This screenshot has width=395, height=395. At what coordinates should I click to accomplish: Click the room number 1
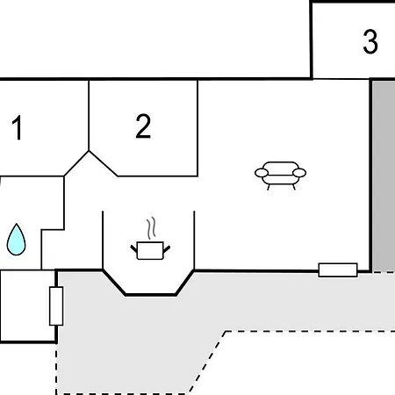[x=18, y=127]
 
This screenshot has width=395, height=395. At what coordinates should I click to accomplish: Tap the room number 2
[x=143, y=126]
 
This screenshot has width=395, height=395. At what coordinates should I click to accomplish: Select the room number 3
[x=370, y=41]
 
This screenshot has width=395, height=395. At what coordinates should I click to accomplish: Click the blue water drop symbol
[x=17, y=240]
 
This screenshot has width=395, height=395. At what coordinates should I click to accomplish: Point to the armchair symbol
[x=280, y=176]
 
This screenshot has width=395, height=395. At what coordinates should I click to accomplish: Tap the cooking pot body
[x=150, y=251]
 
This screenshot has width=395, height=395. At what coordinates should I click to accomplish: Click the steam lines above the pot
[x=151, y=228]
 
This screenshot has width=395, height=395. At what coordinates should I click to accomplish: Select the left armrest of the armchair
[x=262, y=173]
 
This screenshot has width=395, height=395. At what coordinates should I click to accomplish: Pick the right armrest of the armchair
[x=299, y=173]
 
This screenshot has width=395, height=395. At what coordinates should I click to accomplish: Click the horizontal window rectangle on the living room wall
[x=338, y=269]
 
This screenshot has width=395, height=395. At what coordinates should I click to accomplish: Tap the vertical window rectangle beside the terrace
[x=56, y=306]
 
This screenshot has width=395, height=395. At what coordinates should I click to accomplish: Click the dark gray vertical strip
[x=384, y=176]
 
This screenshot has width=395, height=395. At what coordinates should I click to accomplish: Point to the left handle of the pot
[x=134, y=249]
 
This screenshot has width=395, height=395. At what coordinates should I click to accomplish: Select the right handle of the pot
[x=167, y=249]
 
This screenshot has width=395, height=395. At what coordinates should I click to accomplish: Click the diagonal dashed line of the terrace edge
[x=207, y=363]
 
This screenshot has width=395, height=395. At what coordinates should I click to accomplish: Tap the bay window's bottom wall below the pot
[x=150, y=295]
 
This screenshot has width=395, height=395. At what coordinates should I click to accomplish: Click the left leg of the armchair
[x=269, y=187]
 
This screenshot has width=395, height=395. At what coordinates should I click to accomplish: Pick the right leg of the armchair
[x=293, y=187]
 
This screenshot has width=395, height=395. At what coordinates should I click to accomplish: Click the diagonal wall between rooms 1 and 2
[x=76, y=163]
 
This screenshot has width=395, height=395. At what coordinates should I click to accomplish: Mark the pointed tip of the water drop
[x=17, y=224]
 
